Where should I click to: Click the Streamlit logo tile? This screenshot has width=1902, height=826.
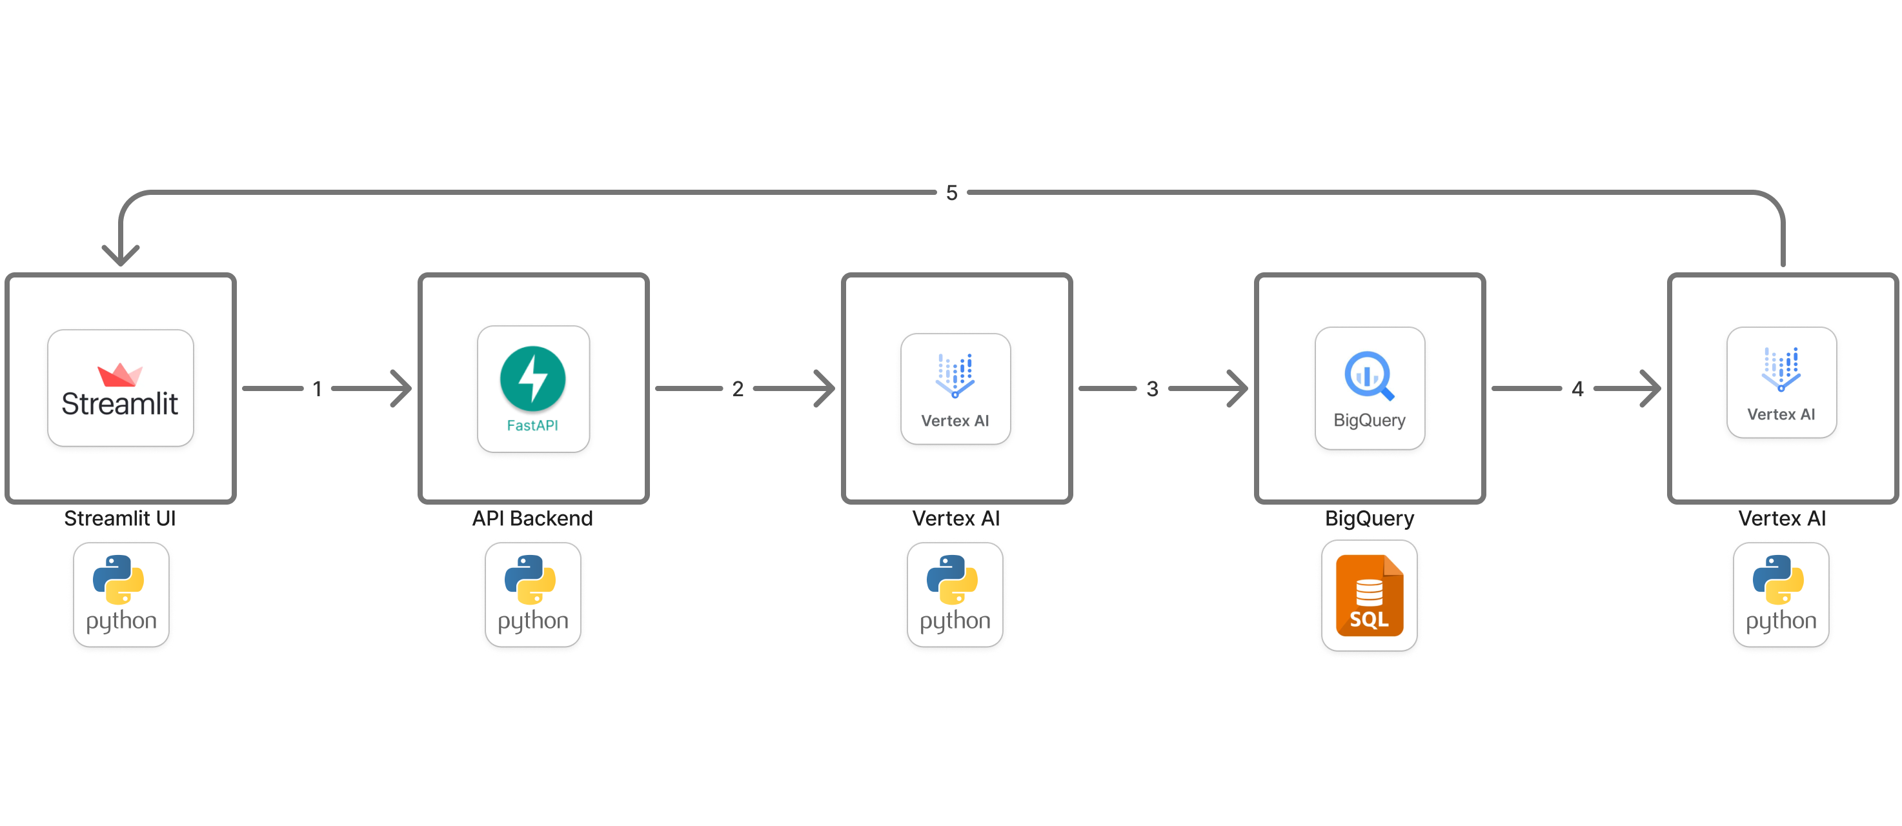[x=120, y=388]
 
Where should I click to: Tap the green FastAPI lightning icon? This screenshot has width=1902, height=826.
[x=532, y=379]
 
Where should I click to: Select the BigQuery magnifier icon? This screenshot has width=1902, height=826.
[x=1369, y=375]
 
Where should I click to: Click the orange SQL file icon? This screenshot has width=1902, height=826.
[x=1369, y=596]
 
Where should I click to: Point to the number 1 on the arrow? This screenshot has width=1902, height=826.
[x=318, y=388]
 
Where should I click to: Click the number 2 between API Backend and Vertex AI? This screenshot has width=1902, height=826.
[x=738, y=388]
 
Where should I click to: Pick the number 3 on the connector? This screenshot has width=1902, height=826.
[x=1152, y=388]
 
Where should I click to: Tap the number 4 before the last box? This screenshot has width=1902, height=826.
[x=1577, y=388]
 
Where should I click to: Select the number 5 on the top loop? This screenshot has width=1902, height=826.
[x=952, y=193]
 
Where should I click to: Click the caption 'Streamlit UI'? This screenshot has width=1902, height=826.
[x=119, y=518]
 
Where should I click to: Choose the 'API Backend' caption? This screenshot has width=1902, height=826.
[x=532, y=518]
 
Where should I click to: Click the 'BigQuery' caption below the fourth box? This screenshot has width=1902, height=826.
[x=1369, y=518]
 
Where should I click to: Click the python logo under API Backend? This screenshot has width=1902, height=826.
[x=532, y=594]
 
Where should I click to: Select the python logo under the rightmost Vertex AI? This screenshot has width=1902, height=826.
[x=1780, y=594]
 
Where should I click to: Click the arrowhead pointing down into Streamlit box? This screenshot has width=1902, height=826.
[x=120, y=256]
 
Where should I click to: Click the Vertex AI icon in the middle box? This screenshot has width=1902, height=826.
[x=955, y=376]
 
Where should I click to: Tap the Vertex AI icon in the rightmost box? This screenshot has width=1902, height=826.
[x=1781, y=369]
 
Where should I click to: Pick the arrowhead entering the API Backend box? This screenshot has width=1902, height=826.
[x=401, y=388]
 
